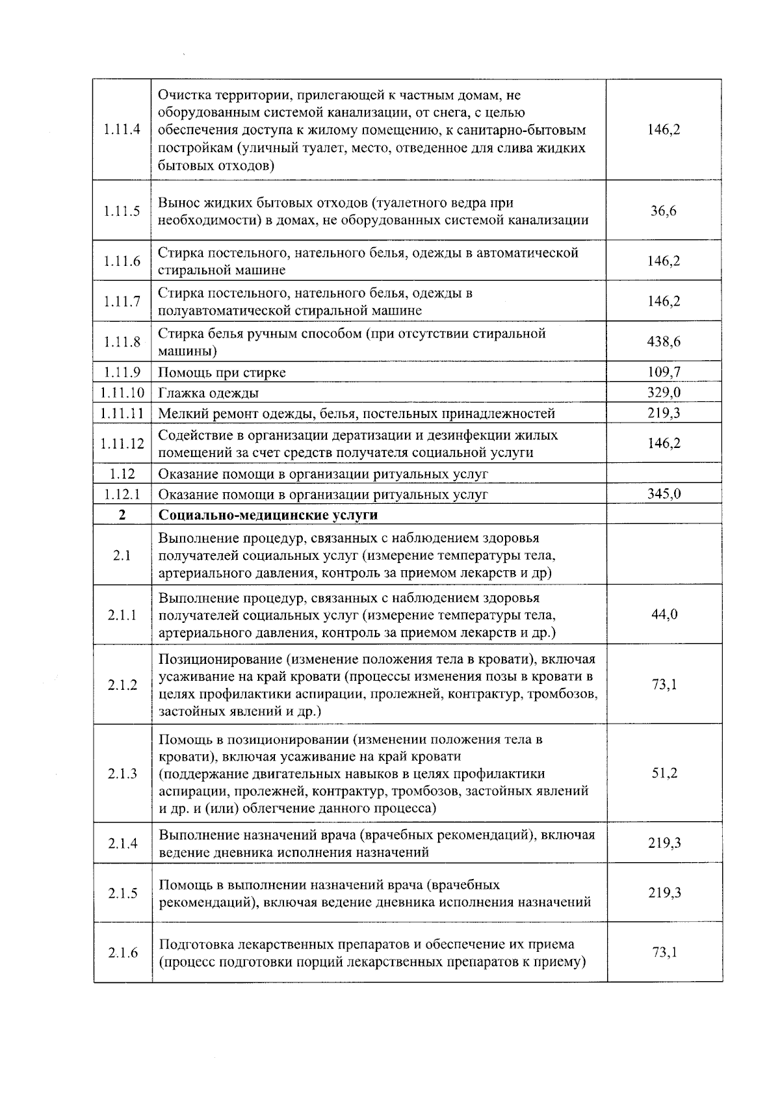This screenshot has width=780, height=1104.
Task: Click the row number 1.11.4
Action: pyautogui.click(x=122, y=129)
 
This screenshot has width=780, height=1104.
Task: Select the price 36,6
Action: pyautogui.click(x=664, y=211)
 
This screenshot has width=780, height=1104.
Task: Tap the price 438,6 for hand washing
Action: pyautogui.click(x=664, y=342)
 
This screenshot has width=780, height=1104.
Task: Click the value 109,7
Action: pyautogui.click(x=664, y=372)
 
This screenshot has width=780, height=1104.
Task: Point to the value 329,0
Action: pyautogui.click(x=664, y=393)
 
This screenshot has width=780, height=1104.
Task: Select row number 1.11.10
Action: pyautogui.click(x=122, y=393)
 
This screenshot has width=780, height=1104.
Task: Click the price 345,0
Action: pyautogui.click(x=664, y=494)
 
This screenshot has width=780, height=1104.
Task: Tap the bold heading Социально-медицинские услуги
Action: pyautogui.click(x=268, y=515)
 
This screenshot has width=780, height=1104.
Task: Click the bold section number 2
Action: pyautogui.click(x=122, y=515)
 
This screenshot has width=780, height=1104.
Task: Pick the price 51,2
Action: pyautogui.click(x=664, y=774)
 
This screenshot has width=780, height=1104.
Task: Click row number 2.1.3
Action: pyautogui.click(x=122, y=774)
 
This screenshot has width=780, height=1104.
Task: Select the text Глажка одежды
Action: pyautogui.click(x=209, y=393)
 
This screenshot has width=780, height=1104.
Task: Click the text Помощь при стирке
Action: pyautogui.click(x=222, y=373)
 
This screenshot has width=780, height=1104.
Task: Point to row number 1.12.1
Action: pyautogui.click(x=122, y=494)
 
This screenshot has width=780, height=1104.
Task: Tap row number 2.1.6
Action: pyautogui.click(x=122, y=953)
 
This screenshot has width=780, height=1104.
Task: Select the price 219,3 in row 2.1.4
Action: pyautogui.click(x=664, y=843)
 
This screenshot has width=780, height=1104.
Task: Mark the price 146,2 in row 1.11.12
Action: pyautogui.click(x=664, y=443)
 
